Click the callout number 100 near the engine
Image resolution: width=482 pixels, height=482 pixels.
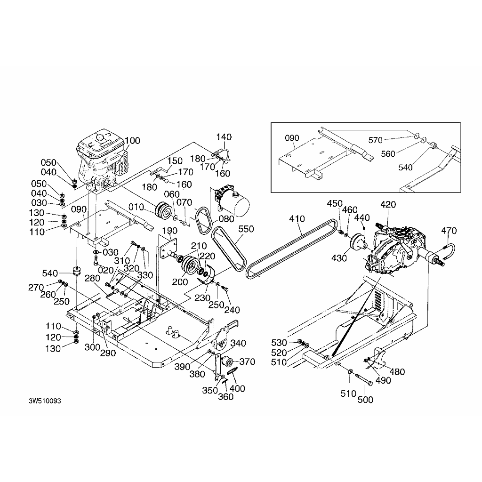[x=133, y=140]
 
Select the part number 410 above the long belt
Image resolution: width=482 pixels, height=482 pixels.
[x=297, y=219]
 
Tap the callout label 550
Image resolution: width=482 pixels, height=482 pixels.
[x=246, y=229]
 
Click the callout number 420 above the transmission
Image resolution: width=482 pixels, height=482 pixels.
[x=388, y=204]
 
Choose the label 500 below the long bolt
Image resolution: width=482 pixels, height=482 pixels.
[x=365, y=400]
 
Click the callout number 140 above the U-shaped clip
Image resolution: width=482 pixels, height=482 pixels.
[x=224, y=137]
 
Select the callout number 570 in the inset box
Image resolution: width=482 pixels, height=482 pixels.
[x=375, y=139]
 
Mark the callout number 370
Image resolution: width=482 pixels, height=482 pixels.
[x=247, y=362]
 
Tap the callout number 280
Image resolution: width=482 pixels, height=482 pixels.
[x=92, y=279]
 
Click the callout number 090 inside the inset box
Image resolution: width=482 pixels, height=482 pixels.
[x=292, y=138]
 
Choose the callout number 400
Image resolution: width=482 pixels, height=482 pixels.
[x=239, y=388]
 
